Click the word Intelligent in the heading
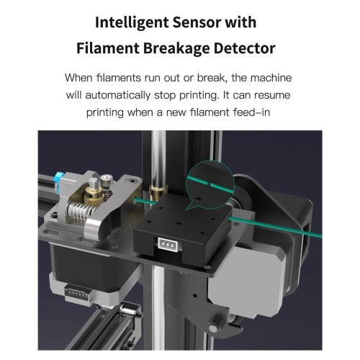coord(132,23)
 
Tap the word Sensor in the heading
coord(197,22)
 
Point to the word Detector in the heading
coord(244,48)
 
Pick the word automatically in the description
coord(118,95)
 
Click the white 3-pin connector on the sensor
coord(168,244)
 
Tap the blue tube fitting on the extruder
coord(58,181)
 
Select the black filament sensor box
coord(182,229)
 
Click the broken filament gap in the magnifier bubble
coord(210,185)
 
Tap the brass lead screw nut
coord(158,192)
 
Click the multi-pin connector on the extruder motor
coord(77,294)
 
